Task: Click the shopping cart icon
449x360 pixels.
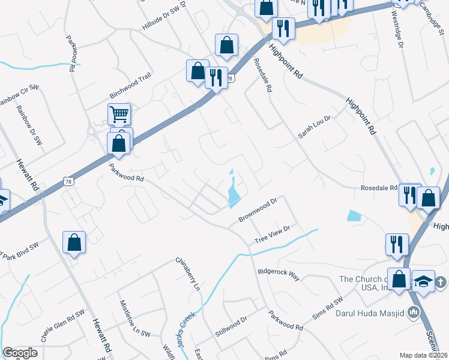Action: (119, 113)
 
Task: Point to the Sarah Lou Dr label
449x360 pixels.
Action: (315, 127)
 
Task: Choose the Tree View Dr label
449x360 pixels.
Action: (272, 233)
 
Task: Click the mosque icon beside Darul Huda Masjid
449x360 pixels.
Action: (413, 312)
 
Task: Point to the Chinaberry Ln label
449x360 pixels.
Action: (187, 274)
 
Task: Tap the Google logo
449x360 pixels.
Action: (20, 353)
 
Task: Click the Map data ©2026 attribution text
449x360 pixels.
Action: (423, 355)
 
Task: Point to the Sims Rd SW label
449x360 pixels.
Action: (327, 308)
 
